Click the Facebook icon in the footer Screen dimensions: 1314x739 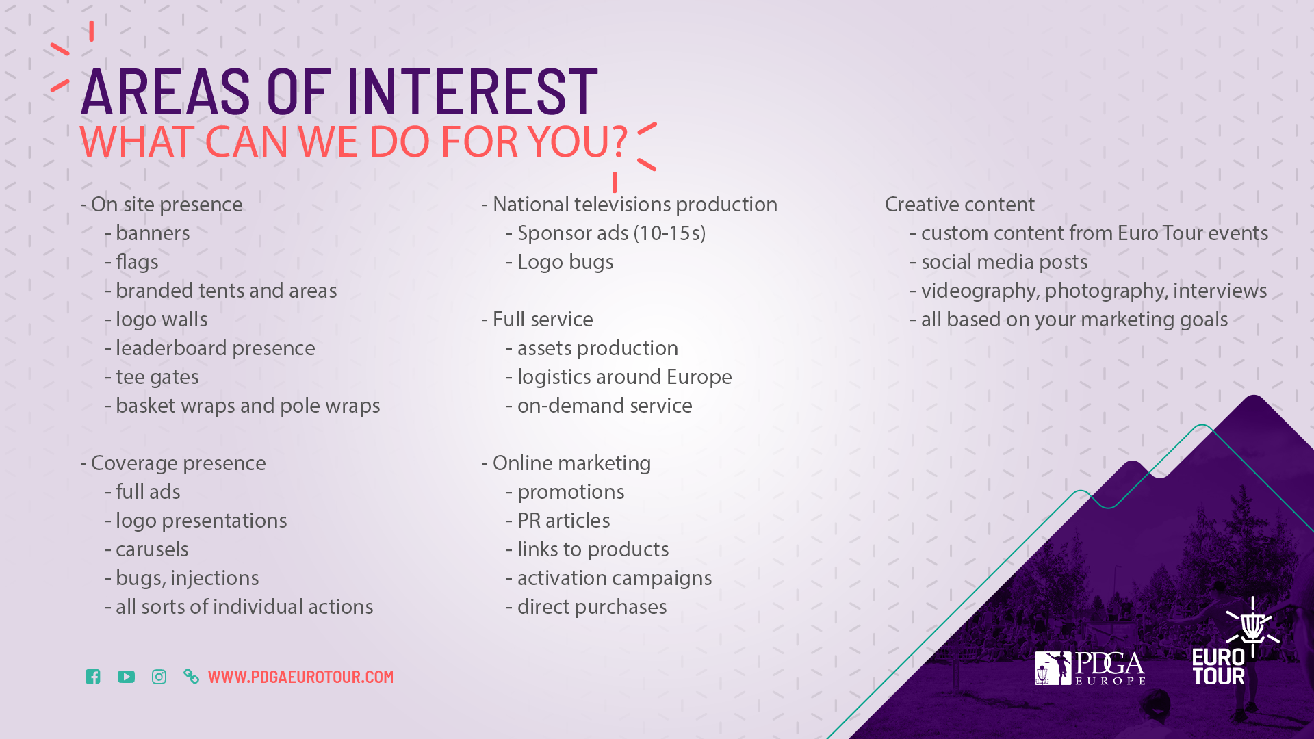[93, 677]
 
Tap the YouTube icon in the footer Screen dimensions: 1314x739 [126, 677]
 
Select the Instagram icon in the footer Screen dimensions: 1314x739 [159, 677]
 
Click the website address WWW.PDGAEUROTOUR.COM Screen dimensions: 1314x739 [300, 677]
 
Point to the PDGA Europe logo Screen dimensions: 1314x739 [1090, 668]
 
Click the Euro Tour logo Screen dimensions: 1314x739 [1236, 641]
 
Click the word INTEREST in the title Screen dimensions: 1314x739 [472, 91]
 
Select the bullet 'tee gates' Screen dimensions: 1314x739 [152, 377]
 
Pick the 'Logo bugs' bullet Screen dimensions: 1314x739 [560, 262]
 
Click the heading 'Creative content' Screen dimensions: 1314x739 [959, 204]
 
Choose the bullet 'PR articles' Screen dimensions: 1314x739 [558, 521]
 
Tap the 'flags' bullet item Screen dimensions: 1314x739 [131, 262]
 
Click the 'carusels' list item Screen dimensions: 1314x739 [146, 549]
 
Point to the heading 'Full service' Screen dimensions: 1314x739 [537, 320]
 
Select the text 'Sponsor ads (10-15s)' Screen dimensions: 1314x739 [606, 233]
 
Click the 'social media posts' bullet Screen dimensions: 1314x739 [999, 262]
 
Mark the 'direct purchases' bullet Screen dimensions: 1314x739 [587, 607]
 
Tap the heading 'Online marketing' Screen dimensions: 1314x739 [566, 463]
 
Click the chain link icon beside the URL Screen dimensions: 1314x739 [192, 677]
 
